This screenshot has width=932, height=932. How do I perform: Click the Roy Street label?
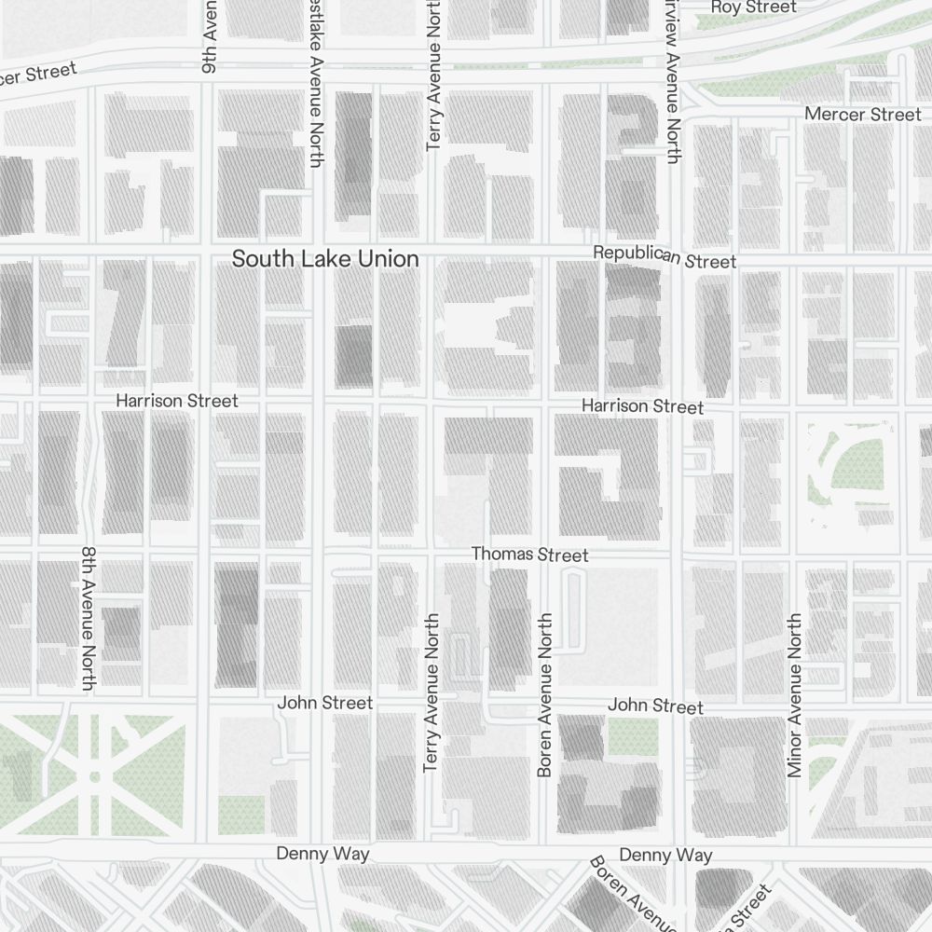(753, 7)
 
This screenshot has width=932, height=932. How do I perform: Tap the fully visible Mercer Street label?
(862, 114)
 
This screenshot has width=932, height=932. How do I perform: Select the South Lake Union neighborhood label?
(325, 259)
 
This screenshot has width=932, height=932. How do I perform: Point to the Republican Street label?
(665, 256)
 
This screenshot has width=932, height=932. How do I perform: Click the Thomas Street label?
(529, 555)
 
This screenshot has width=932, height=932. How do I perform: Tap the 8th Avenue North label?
(89, 619)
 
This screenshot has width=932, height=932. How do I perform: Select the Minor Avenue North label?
(794, 694)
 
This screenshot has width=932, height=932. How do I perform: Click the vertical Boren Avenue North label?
(545, 694)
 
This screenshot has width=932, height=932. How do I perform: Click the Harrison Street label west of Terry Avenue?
(177, 401)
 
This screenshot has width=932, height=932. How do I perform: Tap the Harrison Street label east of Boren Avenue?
(642, 406)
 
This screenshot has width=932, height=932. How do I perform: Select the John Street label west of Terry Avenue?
(324, 703)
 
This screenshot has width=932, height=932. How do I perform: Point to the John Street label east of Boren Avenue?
(655, 706)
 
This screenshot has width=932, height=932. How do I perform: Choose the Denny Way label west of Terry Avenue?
(322, 854)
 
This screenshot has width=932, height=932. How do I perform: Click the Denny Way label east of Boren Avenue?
(665, 855)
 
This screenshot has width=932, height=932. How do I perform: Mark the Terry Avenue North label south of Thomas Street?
(431, 692)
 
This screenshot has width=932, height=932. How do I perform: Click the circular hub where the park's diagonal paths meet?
(94, 776)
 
